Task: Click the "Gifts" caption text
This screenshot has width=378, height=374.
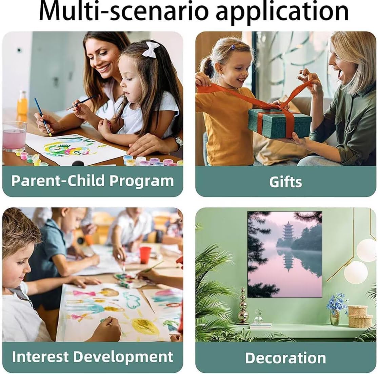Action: pos(285,182)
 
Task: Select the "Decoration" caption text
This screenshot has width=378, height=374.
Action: pos(285,358)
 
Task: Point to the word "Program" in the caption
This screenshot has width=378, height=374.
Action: pos(141,181)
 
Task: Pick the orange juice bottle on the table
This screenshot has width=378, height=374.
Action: pos(22,103)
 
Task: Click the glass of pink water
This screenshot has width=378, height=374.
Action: pos(14,136)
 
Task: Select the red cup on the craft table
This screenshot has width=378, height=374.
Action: pos(145,255)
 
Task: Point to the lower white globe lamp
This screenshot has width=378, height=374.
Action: pos(356,272)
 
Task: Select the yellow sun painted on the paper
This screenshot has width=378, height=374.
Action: pos(145,326)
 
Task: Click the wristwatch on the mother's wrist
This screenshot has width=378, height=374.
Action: pos(178,142)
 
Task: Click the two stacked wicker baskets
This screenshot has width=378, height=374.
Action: pos(360,316)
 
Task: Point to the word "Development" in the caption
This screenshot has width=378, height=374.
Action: pos(123,357)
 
